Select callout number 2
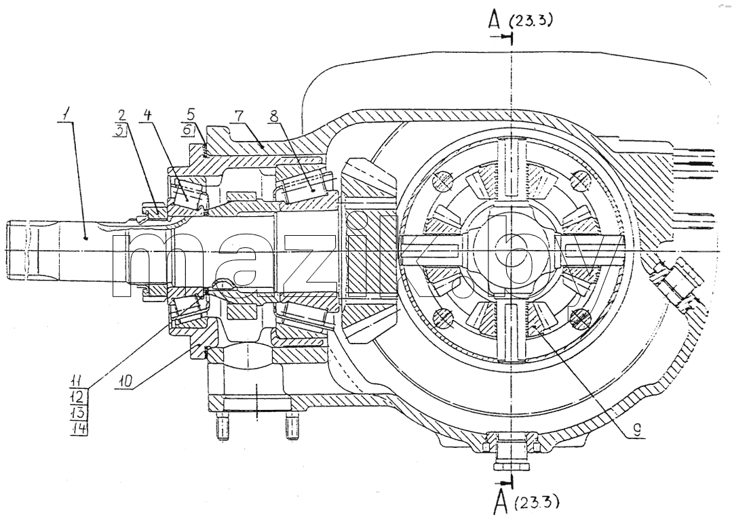tap(122, 115)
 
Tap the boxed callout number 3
tap(121, 131)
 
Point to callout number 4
tap(147, 115)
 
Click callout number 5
tap(190, 115)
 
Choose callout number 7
tap(239, 115)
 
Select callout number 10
tap(126, 380)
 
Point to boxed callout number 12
tap(77, 397)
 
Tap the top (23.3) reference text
tap(531, 20)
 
